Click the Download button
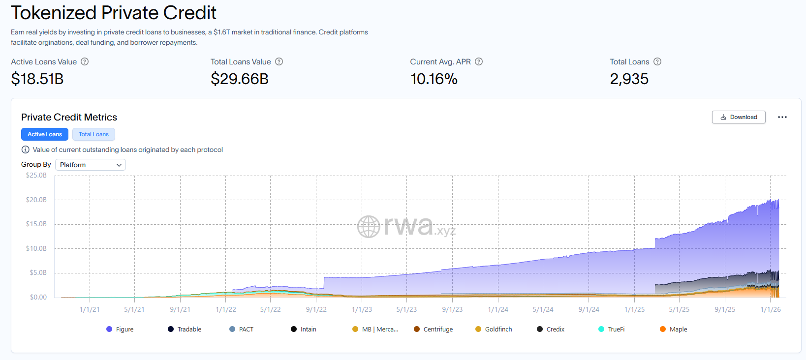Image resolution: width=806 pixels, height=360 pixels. (x=738, y=117)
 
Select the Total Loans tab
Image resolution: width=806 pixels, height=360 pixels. (x=93, y=134)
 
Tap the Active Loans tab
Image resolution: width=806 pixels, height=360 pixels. (x=45, y=134)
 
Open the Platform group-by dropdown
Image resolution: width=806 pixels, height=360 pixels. (x=91, y=165)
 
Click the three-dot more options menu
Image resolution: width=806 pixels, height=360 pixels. (x=782, y=117)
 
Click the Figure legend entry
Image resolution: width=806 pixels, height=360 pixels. (x=120, y=330)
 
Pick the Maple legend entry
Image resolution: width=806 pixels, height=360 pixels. (x=673, y=330)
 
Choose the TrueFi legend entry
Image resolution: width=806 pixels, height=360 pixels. (x=611, y=330)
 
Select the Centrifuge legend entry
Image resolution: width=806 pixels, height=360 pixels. (x=433, y=330)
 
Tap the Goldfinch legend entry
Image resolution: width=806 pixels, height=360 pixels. (x=494, y=330)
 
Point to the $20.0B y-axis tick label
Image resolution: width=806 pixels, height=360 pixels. (x=36, y=200)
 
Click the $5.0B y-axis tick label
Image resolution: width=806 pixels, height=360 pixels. (x=38, y=272)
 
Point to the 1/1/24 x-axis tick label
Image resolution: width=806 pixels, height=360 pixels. (x=498, y=309)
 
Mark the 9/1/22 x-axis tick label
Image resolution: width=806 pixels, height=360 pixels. (x=316, y=309)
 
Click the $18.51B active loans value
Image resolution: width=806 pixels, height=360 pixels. (x=37, y=79)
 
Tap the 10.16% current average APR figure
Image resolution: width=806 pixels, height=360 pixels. (x=434, y=79)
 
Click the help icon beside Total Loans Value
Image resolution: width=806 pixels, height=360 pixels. (x=279, y=61)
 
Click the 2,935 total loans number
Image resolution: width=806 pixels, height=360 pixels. (x=629, y=79)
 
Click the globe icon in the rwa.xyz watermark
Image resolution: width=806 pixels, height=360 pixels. (x=369, y=227)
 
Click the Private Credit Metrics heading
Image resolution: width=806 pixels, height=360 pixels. (x=69, y=117)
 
